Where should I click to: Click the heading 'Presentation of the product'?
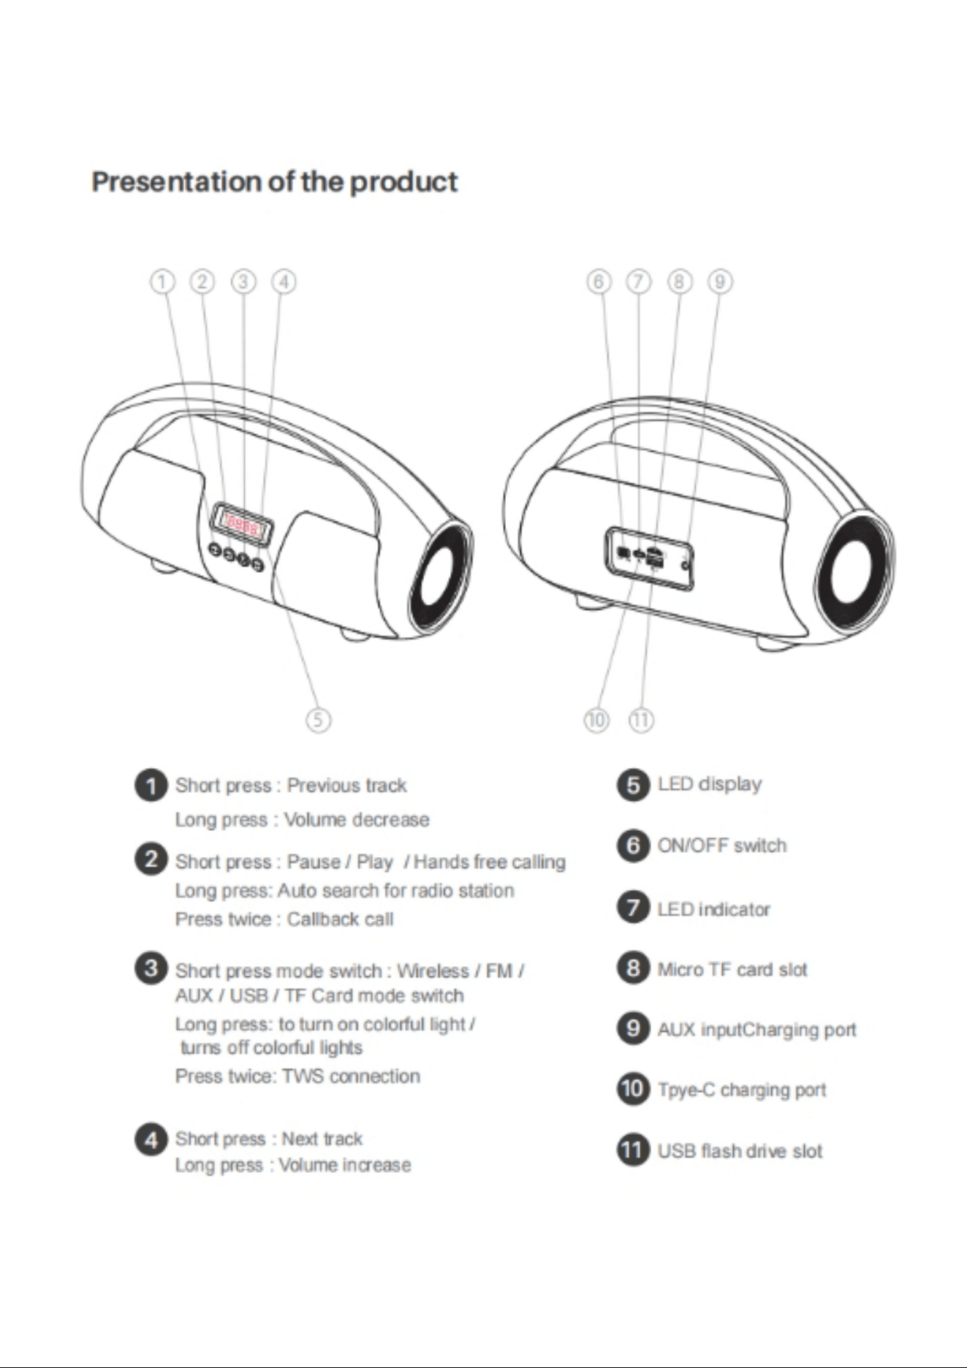[275, 181]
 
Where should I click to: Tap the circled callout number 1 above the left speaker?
[162, 281]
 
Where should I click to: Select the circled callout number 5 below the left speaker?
[317, 720]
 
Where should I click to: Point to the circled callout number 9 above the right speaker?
[720, 281]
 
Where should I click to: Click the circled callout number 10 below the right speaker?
[596, 720]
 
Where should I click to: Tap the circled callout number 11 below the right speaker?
[641, 720]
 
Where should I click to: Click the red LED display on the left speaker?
[242, 523]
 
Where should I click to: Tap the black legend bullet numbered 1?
[151, 786]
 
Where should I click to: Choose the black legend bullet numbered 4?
[151, 1139]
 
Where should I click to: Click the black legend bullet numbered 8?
[634, 968]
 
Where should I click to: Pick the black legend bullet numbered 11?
[634, 1149]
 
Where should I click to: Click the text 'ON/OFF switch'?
[722, 845]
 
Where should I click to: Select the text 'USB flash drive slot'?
[740, 1151]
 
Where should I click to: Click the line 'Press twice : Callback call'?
[284, 919]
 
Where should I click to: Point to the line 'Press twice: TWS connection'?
[297, 1076]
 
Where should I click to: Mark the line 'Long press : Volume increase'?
[293, 1165]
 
